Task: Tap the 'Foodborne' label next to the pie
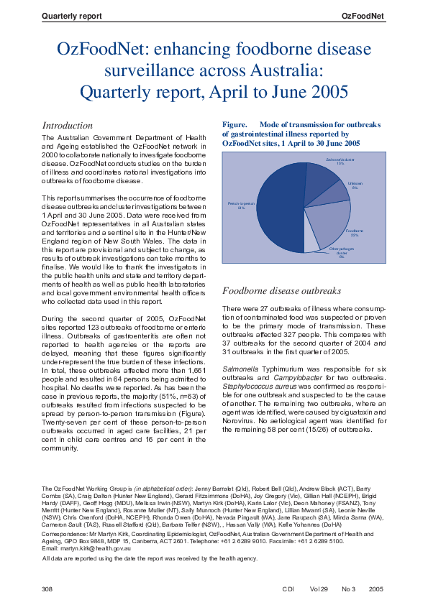pos(353,231)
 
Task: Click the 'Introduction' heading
pos(68,125)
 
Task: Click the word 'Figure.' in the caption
pos(235,124)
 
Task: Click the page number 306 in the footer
pos(48,588)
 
